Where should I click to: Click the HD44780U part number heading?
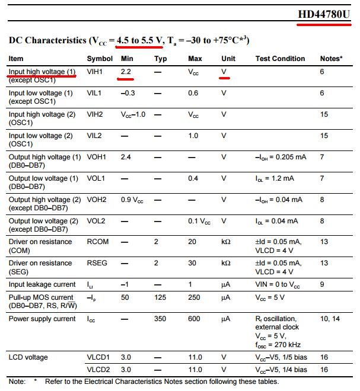pos(324,14)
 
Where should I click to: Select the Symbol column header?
pos(100,59)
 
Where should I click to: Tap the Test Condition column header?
pos(280,59)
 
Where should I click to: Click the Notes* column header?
pos(332,59)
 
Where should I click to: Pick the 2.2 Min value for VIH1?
pos(126,72)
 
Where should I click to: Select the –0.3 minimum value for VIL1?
pos(128,93)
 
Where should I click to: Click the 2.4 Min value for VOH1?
pos(126,157)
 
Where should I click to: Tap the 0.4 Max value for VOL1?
pos(193,178)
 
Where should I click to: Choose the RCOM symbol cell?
pos(97,242)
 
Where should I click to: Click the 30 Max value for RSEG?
pos(192,263)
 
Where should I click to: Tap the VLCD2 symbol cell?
pos(98,370)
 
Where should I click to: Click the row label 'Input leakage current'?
pos(42,285)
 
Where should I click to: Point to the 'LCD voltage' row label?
pos(28,357)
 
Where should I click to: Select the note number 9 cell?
pos(322,285)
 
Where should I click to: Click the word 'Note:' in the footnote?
pos(17,382)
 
